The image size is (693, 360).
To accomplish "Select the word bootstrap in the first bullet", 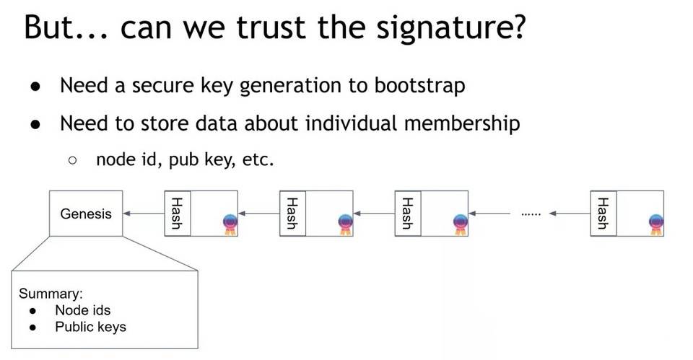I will point(419,85).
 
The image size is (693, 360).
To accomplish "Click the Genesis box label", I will point(86,214).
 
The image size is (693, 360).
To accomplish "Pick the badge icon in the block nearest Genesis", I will point(230,224).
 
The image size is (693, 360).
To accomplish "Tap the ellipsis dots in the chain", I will point(531,214).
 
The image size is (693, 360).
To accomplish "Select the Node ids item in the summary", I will point(82,310).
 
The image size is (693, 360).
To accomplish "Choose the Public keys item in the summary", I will point(90,327).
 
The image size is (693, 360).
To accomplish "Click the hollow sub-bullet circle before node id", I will point(72,161).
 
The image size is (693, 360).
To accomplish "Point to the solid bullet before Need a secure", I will point(35,87).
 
